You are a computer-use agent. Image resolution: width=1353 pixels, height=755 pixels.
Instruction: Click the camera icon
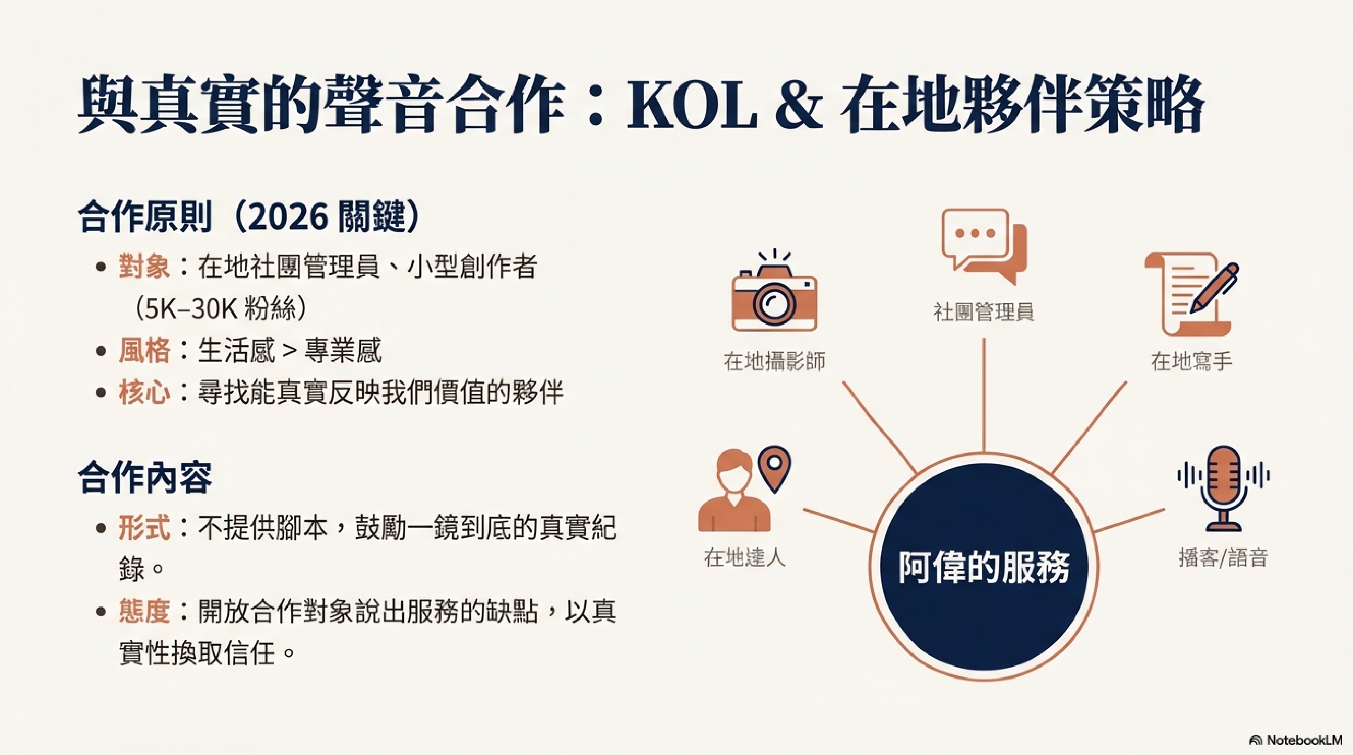pos(774,292)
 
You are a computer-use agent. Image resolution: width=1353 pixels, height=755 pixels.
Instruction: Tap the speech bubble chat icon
pos(984,246)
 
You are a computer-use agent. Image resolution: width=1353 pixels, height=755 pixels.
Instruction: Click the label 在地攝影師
pos(774,361)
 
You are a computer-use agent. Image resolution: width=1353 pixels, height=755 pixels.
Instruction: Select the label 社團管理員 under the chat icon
pos(984,311)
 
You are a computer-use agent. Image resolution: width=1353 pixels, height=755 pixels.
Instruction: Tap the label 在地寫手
pos(1192,361)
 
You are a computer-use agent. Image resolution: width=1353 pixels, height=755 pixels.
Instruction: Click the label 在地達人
pos(745,558)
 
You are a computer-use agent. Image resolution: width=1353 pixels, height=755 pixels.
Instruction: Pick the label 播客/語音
pos(1223,558)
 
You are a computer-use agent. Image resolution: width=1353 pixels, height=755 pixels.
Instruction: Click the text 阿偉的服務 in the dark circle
pos(984,568)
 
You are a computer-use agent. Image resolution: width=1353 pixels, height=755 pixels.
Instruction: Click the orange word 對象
pos(144,267)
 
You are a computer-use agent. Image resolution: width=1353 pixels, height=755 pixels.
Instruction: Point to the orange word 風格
pos(144,350)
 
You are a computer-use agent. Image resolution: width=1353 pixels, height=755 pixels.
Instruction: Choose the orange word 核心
pos(144,392)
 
